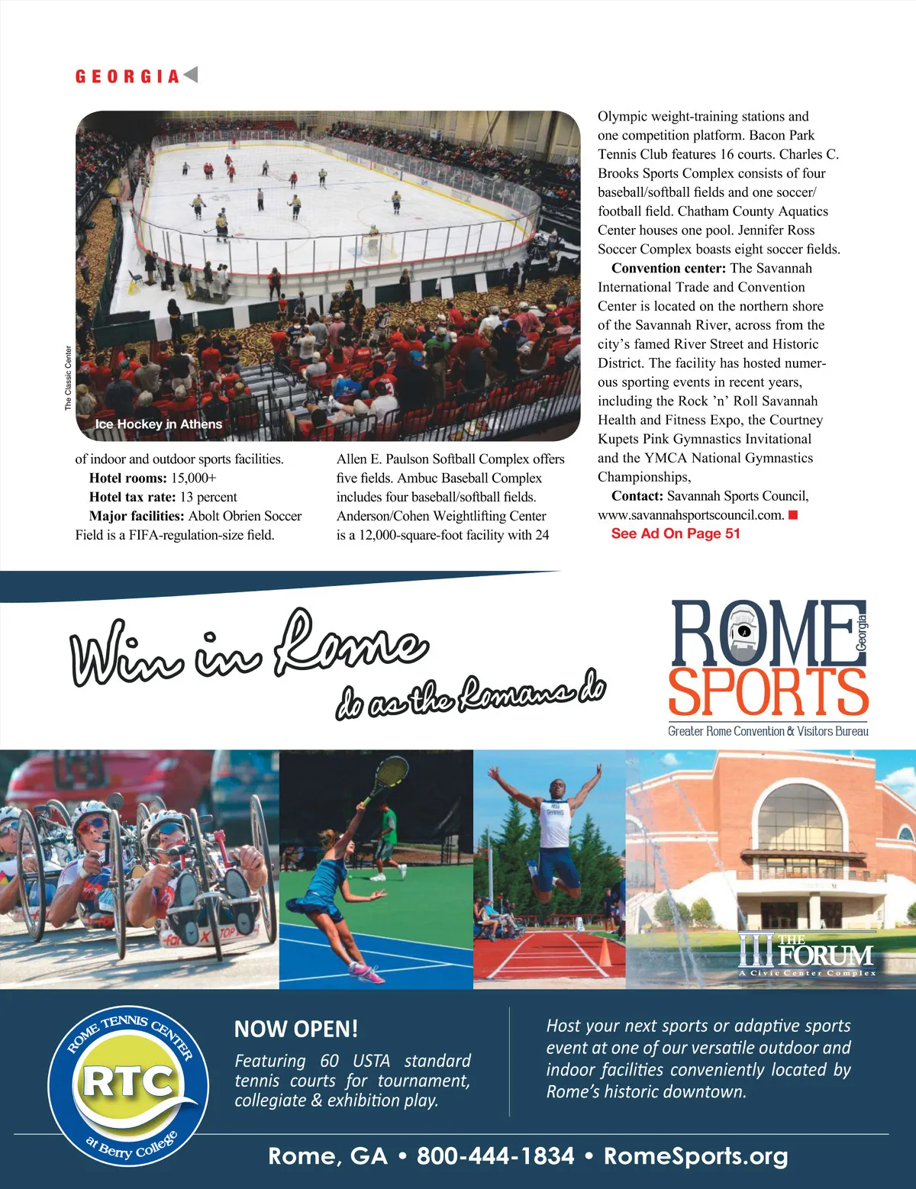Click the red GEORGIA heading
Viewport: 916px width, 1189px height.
[127, 76]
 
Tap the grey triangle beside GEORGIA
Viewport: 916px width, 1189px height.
[191, 75]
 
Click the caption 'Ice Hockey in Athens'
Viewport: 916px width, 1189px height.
[158, 424]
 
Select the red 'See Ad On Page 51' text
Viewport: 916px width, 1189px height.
[676, 533]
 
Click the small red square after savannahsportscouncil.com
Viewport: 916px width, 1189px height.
[793, 515]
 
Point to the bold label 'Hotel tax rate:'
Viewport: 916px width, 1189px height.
[132, 497]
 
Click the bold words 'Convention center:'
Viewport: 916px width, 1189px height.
[668, 268]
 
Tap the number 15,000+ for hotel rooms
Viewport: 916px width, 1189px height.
[193, 478]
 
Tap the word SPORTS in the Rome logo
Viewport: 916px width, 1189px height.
[768, 692]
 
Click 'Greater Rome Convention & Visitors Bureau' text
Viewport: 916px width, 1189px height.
[768, 731]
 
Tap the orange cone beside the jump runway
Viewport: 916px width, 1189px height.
[605, 951]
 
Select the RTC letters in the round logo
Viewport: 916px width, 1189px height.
[127, 1081]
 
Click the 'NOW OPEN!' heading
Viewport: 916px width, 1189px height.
[296, 1029]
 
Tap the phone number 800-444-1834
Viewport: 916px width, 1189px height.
[495, 1156]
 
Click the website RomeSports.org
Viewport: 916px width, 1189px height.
[695, 1156]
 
